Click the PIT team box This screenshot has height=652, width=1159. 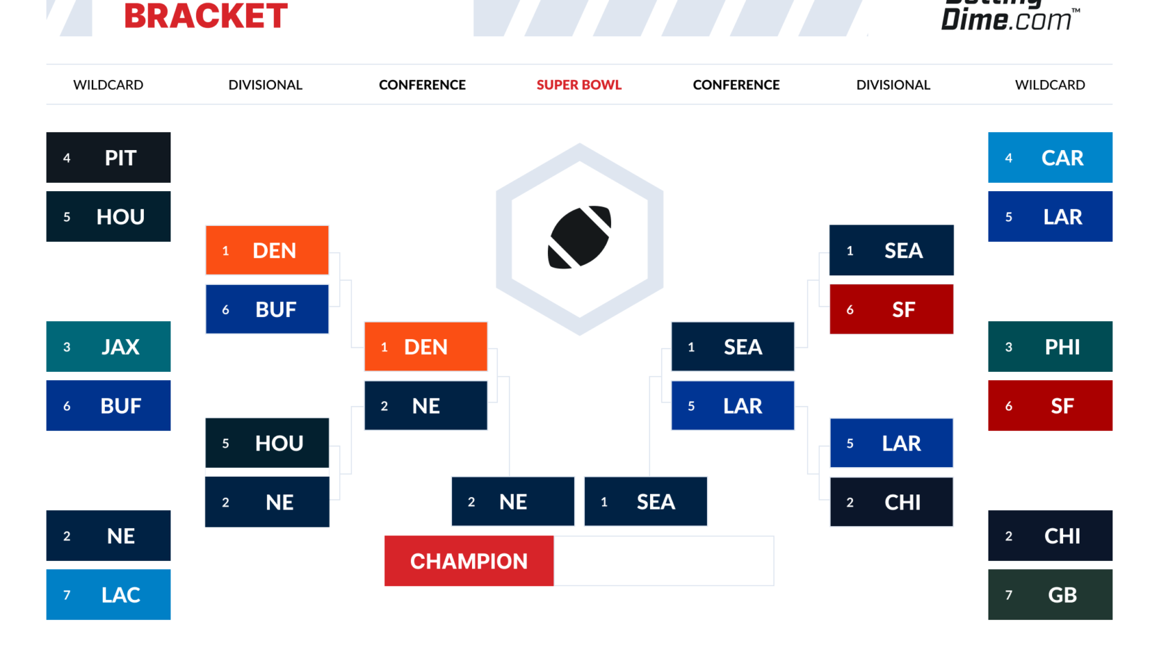108,158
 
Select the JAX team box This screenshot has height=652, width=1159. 108,347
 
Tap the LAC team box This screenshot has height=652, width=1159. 108,594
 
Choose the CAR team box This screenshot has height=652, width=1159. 1049,158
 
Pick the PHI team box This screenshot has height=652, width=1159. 1049,347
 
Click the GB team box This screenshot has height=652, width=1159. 1049,594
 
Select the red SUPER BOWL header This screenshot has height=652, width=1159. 579,85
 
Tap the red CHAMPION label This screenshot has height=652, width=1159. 469,561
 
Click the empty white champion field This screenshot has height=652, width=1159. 663,561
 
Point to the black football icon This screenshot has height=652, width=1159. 579,237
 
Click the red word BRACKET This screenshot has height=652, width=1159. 205,16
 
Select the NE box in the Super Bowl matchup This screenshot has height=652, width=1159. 512,501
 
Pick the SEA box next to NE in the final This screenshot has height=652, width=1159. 645,501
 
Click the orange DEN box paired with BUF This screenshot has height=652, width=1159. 267,250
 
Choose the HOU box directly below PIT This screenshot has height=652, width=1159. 108,216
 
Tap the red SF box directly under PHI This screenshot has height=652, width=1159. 1049,405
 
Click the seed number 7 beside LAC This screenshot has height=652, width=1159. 66,595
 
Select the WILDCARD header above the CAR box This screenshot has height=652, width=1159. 1049,85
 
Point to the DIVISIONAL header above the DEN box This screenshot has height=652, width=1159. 265,85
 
